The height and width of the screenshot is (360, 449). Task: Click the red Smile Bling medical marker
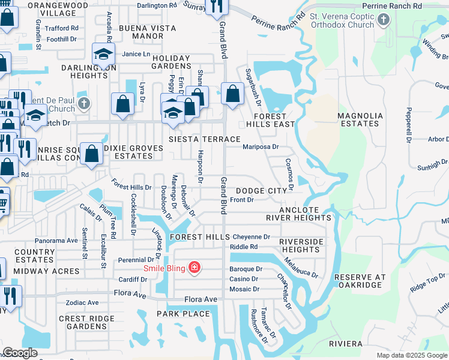click(194, 267)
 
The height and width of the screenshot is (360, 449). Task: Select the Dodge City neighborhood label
click(261, 190)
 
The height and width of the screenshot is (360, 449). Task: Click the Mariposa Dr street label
click(261, 146)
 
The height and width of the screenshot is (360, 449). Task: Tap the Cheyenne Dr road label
click(252, 237)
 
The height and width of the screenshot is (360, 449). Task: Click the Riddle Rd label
click(244, 247)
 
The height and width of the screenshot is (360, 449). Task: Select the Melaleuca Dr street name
click(301, 268)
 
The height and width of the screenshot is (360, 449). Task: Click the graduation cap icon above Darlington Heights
click(103, 55)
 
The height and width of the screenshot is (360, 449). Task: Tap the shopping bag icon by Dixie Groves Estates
click(91, 154)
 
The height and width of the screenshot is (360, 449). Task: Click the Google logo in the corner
click(20, 353)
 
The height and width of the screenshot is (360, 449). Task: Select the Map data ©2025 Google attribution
click(411, 355)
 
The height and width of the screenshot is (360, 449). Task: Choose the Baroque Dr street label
click(246, 269)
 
